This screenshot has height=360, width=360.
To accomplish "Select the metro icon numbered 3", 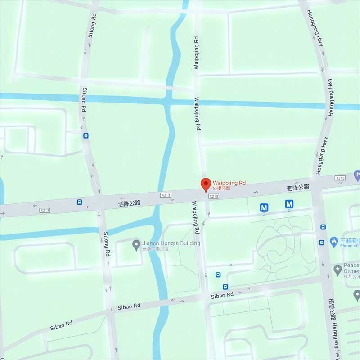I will click(265, 207).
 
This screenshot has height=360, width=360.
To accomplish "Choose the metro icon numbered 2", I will click(289, 204).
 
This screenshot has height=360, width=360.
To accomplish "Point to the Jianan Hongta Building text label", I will click(171, 243).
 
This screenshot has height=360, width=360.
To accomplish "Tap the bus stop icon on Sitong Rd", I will click(85, 135).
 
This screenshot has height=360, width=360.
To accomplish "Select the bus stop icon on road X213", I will click(79, 202).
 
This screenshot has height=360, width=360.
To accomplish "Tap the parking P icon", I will click(357, 174).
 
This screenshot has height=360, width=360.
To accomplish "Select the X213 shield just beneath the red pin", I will click(214, 196).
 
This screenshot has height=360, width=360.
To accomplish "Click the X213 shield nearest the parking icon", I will click(340, 179).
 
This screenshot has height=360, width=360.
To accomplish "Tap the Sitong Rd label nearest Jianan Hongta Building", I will click(107, 244).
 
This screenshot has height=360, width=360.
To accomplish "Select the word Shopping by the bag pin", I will click(350, 246).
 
